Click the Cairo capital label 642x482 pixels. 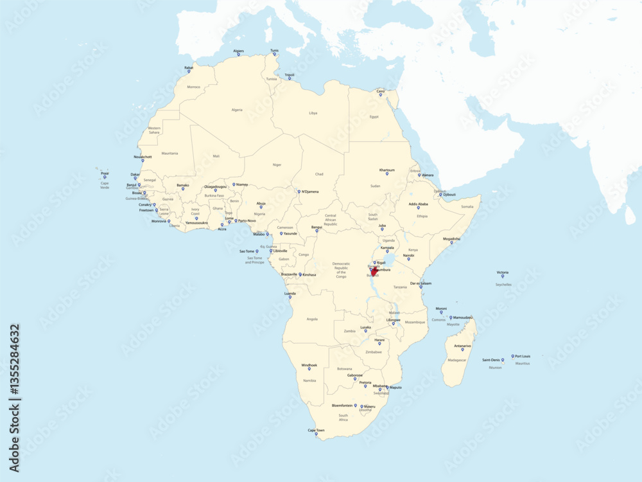click(x=381, y=91)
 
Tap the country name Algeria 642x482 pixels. click(x=237, y=110)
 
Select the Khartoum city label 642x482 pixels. click(x=387, y=170)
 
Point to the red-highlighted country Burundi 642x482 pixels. click(x=374, y=272)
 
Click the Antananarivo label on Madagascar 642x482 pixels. click(x=462, y=346)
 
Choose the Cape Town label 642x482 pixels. click(x=316, y=430)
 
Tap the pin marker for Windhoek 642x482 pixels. click(x=309, y=369)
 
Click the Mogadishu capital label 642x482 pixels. click(x=451, y=238)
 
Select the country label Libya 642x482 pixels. click(x=313, y=112)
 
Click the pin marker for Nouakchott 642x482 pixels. click(x=143, y=161)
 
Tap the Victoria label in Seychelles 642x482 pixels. click(x=503, y=272)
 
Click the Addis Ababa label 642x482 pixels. click(x=418, y=204)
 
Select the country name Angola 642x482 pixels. click(x=312, y=319)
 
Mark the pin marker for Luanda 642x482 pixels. click(x=290, y=298)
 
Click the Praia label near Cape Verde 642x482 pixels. click(x=105, y=173)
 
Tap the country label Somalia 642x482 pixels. click(x=467, y=206)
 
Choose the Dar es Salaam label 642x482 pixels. click(x=421, y=283)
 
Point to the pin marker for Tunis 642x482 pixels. click(x=274, y=54)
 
